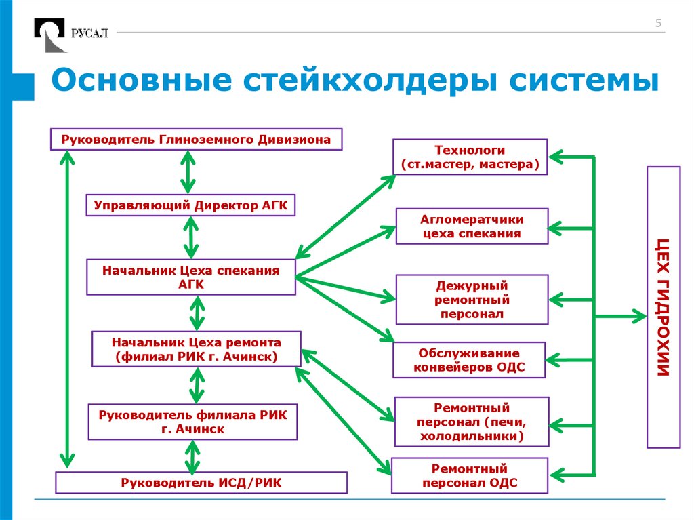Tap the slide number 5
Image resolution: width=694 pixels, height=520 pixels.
click(657, 24)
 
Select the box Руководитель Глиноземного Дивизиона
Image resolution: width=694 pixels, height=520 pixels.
click(196, 140)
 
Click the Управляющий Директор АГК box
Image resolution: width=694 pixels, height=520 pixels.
click(191, 205)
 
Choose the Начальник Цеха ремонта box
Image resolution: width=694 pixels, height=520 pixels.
click(197, 349)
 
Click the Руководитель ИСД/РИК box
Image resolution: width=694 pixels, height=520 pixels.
click(201, 482)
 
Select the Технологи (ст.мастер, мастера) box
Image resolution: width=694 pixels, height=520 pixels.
click(470, 157)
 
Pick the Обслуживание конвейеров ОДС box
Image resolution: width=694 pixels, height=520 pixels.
click(469, 360)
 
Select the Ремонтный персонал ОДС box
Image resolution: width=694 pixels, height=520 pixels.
click(469, 475)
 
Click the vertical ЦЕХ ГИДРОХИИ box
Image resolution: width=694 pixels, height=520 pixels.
click(664, 307)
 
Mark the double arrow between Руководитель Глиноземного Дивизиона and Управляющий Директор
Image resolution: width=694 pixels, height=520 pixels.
click(187, 172)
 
